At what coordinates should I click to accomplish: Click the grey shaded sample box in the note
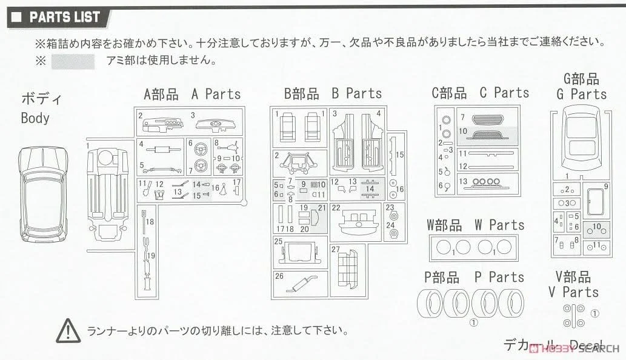click(73, 61)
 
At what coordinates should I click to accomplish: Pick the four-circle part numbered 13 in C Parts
click(484, 181)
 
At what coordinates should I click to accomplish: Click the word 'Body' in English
click(35, 117)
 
